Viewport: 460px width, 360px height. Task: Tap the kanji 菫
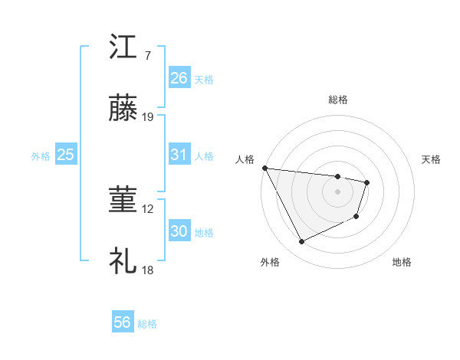(123, 201)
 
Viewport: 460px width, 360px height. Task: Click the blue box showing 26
(179, 78)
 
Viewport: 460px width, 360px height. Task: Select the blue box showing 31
(179, 155)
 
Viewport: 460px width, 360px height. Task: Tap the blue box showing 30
(179, 231)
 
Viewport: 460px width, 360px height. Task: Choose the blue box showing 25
(66, 155)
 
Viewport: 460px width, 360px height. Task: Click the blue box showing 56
(123, 322)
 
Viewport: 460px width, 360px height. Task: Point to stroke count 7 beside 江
(148, 56)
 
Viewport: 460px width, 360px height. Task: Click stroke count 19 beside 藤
(148, 117)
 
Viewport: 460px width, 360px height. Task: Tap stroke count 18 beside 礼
(148, 270)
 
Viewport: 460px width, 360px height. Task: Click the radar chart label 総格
(338, 100)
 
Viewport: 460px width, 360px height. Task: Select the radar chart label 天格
(432, 159)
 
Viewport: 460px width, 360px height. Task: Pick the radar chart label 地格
(402, 262)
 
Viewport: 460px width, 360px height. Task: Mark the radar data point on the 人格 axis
(264, 168)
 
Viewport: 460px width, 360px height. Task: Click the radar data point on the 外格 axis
(301, 242)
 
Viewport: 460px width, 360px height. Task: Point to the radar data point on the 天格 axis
(368, 182)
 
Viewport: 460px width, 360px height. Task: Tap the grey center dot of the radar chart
(338, 191)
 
